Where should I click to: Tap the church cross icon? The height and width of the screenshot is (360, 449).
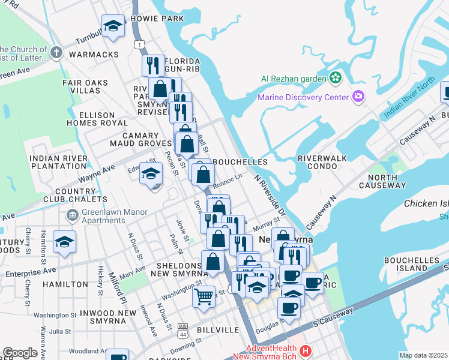56,52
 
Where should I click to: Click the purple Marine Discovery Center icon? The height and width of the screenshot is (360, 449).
358,97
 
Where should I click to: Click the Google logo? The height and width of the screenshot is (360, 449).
20,353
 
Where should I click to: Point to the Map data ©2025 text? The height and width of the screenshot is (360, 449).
423,355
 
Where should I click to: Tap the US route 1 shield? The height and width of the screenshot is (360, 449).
139,45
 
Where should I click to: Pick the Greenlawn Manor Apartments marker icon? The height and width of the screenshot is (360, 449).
72,215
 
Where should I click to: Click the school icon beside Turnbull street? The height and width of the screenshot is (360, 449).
112,26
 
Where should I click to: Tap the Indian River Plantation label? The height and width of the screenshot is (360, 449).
59,162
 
